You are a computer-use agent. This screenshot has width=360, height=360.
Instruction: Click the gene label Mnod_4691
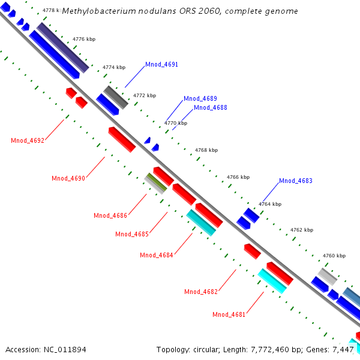click(x=161, y=64)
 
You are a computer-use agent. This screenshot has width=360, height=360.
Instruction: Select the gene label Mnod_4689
click(x=200, y=98)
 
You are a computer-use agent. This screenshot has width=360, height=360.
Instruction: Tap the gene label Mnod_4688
click(x=210, y=108)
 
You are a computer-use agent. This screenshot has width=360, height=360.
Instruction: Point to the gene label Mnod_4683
click(x=295, y=181)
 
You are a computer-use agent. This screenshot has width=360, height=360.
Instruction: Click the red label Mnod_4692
click(x=28, y=141)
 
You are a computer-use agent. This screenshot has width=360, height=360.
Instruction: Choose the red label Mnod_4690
click(x=68, y=178)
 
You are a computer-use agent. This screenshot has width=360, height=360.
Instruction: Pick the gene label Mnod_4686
click(x=110, y=215)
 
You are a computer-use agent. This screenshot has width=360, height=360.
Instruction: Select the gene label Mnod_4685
click(x=132, y=234)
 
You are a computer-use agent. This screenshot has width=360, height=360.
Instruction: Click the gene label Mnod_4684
click(x=157, y=255)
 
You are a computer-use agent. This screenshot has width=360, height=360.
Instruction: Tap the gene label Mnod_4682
click(x=201, y=292)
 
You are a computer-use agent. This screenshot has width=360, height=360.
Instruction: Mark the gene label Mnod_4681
click(x=229, y=314)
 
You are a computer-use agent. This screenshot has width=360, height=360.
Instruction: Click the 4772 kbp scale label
click(x=144, y=95)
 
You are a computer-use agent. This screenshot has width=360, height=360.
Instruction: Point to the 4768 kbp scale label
click(x=206, y=150)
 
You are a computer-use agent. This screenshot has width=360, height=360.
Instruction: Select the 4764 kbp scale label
click(x=269, y=204)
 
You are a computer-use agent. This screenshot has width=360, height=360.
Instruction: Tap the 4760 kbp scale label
click(x=334, y=256)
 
